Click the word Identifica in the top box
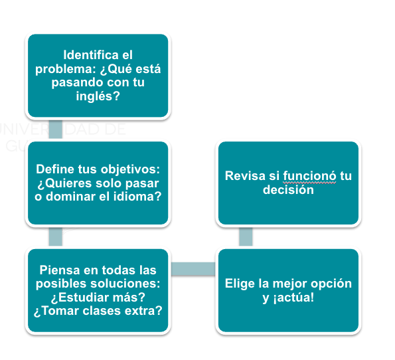pos(91,55)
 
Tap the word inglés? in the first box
pos(98,96)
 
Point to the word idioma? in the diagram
pos(137,197)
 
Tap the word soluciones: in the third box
pos(125,284)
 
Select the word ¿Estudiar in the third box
pos(80,298)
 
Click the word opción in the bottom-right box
pos(331,284)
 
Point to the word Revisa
pos(245,176)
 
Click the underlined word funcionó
pos(309,176)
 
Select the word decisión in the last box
pos(288,190)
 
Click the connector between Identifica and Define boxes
pos(55,129)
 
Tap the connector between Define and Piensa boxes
pos(55,236)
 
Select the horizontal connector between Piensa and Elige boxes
pos(193,269)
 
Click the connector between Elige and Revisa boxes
pos(246,236)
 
